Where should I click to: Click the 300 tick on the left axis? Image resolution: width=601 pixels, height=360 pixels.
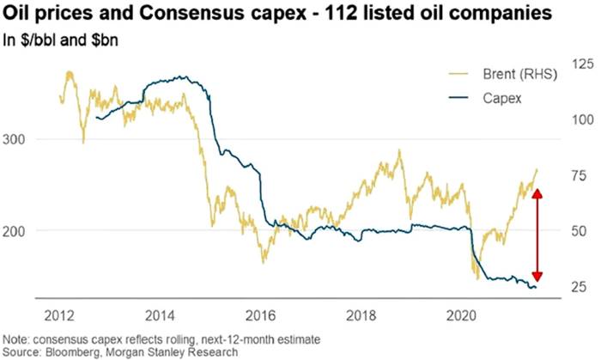(x=17, y=139)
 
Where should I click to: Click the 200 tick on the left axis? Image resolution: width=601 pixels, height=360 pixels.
(x=17, y=230)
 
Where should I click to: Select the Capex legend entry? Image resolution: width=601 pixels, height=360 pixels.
(x=506, y=98)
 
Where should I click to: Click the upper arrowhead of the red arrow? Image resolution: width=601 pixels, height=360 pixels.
(x=538, y=193)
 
